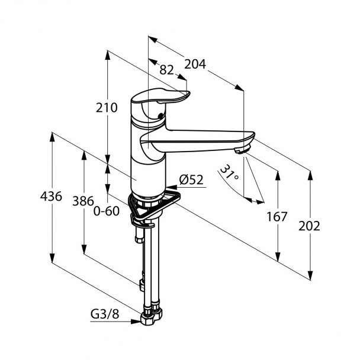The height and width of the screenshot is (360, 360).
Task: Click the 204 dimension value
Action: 195,65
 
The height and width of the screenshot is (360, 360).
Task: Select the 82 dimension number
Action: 167,70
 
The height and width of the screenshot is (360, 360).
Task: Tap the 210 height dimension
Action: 107,107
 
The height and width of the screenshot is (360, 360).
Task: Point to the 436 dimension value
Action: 51,197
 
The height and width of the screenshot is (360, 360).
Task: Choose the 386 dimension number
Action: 83,201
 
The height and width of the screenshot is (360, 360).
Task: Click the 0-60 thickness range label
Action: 107,211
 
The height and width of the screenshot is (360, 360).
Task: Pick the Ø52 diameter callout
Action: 191,180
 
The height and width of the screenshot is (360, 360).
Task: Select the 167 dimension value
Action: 277,217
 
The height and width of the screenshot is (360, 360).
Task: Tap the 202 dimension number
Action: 309,226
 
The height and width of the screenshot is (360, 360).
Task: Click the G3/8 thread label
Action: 105,314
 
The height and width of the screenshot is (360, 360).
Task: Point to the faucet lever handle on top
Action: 160,96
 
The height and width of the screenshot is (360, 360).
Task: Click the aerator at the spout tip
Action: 242,150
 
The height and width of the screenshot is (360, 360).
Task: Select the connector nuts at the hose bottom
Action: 152,314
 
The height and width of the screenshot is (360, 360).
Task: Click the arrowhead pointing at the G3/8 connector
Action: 136,322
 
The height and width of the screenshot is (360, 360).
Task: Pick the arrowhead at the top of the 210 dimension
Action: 107,55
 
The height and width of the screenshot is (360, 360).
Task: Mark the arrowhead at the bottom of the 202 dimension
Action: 310,275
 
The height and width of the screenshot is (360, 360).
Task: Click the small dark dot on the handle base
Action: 160,116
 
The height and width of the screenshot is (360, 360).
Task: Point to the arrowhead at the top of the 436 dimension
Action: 52,137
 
